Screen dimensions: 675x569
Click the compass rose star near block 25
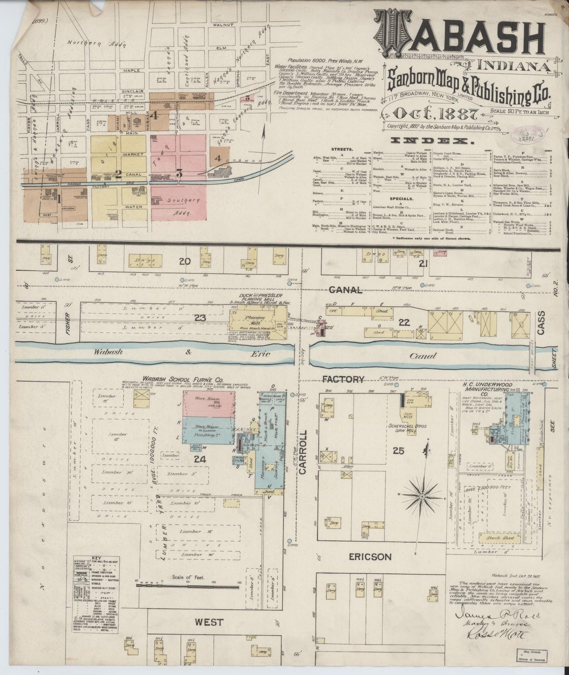[x=422, y=497]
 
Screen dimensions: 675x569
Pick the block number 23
[x=200, y=317]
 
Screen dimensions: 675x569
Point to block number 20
[x=185, y=261]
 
